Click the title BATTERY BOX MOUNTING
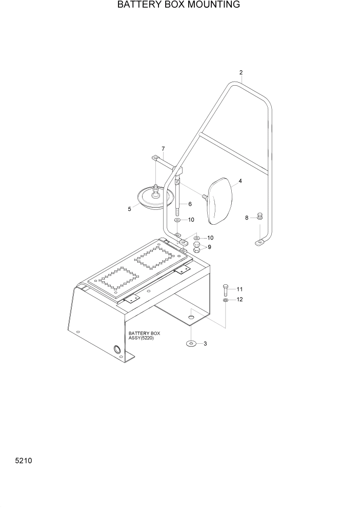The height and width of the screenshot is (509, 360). (x=178, y=5)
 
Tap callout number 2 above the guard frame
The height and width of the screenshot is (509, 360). (x=241, y=72)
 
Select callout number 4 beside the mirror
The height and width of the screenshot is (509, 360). (x=240, y=181)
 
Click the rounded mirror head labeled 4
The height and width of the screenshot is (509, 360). (x=221, y=201)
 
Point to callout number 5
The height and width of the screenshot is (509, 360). (x=129, y=209)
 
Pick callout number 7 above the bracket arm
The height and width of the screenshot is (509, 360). (x=163, y=149)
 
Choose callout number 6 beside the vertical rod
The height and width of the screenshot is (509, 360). (x=190, y=204)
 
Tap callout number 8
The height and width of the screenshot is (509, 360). (x=247, y=218)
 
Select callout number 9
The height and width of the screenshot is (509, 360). (x=209, y=247)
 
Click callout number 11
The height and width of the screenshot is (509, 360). (x=239, y=289)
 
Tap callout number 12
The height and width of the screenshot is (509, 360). (x=239, y=299)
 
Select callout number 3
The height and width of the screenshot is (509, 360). (x=205, y=344)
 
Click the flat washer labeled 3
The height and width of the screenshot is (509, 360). (x=191, y=343)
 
